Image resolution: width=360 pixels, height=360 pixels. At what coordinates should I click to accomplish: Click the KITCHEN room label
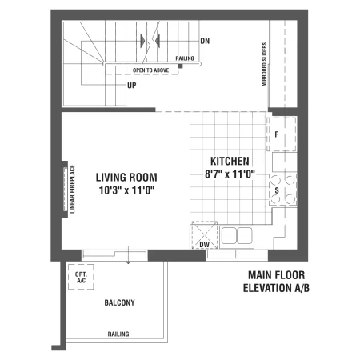coord(230,161)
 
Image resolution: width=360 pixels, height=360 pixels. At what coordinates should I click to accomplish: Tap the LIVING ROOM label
coord(126,178)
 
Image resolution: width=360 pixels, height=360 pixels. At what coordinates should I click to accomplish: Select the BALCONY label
coord(119,302)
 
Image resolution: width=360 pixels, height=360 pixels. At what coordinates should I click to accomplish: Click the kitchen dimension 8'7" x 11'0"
coord(230,174)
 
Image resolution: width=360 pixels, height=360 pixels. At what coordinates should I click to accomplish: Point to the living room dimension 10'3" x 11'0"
coord(126,190)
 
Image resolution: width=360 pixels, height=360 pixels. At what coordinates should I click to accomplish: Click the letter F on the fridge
coord(277,134)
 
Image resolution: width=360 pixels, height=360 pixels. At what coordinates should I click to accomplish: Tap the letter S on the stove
coord(277,190)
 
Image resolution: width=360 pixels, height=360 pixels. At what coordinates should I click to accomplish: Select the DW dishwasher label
coord(205,245)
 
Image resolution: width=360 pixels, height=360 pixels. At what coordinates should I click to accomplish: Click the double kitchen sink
coord(237,235)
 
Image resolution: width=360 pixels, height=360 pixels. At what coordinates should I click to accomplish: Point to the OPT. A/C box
coord(81,277)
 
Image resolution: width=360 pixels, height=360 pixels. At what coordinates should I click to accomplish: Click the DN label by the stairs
coord(205,41)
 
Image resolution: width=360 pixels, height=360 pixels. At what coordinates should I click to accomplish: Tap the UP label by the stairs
coord(132,86)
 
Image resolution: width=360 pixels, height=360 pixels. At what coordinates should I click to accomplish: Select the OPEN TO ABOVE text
coord(150,70)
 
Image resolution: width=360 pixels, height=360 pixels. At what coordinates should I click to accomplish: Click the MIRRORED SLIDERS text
coord(264,64)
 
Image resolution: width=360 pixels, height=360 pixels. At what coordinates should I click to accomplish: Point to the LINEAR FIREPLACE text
coord(72,189)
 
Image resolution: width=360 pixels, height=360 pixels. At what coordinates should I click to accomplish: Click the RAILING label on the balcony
coord(118,334)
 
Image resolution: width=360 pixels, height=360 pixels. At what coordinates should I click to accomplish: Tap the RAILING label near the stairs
coord(185,58)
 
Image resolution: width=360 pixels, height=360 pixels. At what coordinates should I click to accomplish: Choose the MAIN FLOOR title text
coord(276,275)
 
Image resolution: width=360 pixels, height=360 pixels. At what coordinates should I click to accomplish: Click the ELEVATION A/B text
coord(276,288)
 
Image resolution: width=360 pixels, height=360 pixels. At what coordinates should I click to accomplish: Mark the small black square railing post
coord(181,66)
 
